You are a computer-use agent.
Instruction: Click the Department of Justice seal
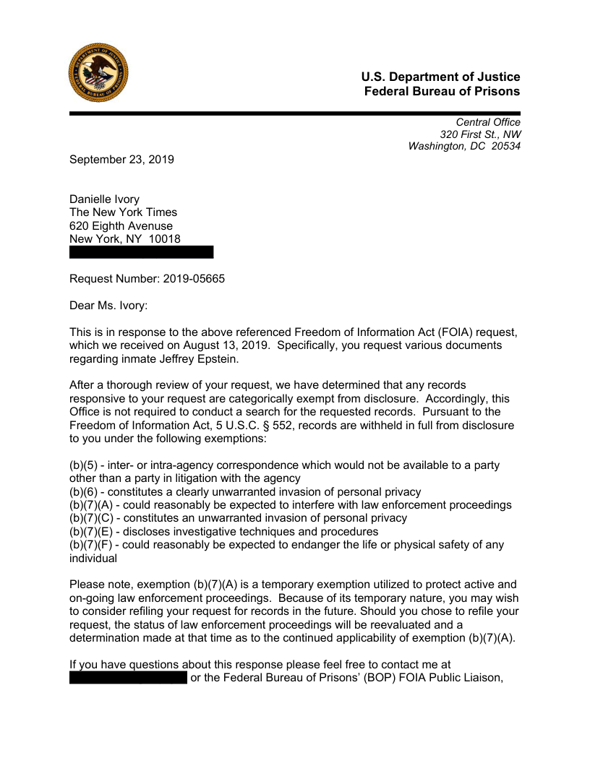pyautogui.click(x=98, y=72)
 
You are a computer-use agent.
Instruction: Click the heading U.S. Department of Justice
pyautogui.click(x=440, y=77)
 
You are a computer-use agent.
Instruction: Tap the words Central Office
pyautogui.click(x=488, y=122)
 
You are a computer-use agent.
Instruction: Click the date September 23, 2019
pyautogui.click(x=121, y=160)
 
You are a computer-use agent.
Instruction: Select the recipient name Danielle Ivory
pyautogui.click(x=104, y=199)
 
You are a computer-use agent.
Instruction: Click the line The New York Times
pyautogui.click(x=123, y=212)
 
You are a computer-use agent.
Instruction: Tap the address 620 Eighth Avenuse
pyautogui.click(x=121, y=226)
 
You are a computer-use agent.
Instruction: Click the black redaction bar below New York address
pyautogui.click(x=142, y=252)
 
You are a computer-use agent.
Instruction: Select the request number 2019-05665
pyautogui.click(x=194, y=279)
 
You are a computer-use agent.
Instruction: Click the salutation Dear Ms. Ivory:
pyautogui.click(x=108, y=306)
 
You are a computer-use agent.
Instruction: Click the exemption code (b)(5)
pyautogui.click(x=83, y=465)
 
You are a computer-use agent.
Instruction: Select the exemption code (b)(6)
pyautogui.click(x=83, y=492)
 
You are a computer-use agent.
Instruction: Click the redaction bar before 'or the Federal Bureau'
pyautogui.click(x=128, y=678)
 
